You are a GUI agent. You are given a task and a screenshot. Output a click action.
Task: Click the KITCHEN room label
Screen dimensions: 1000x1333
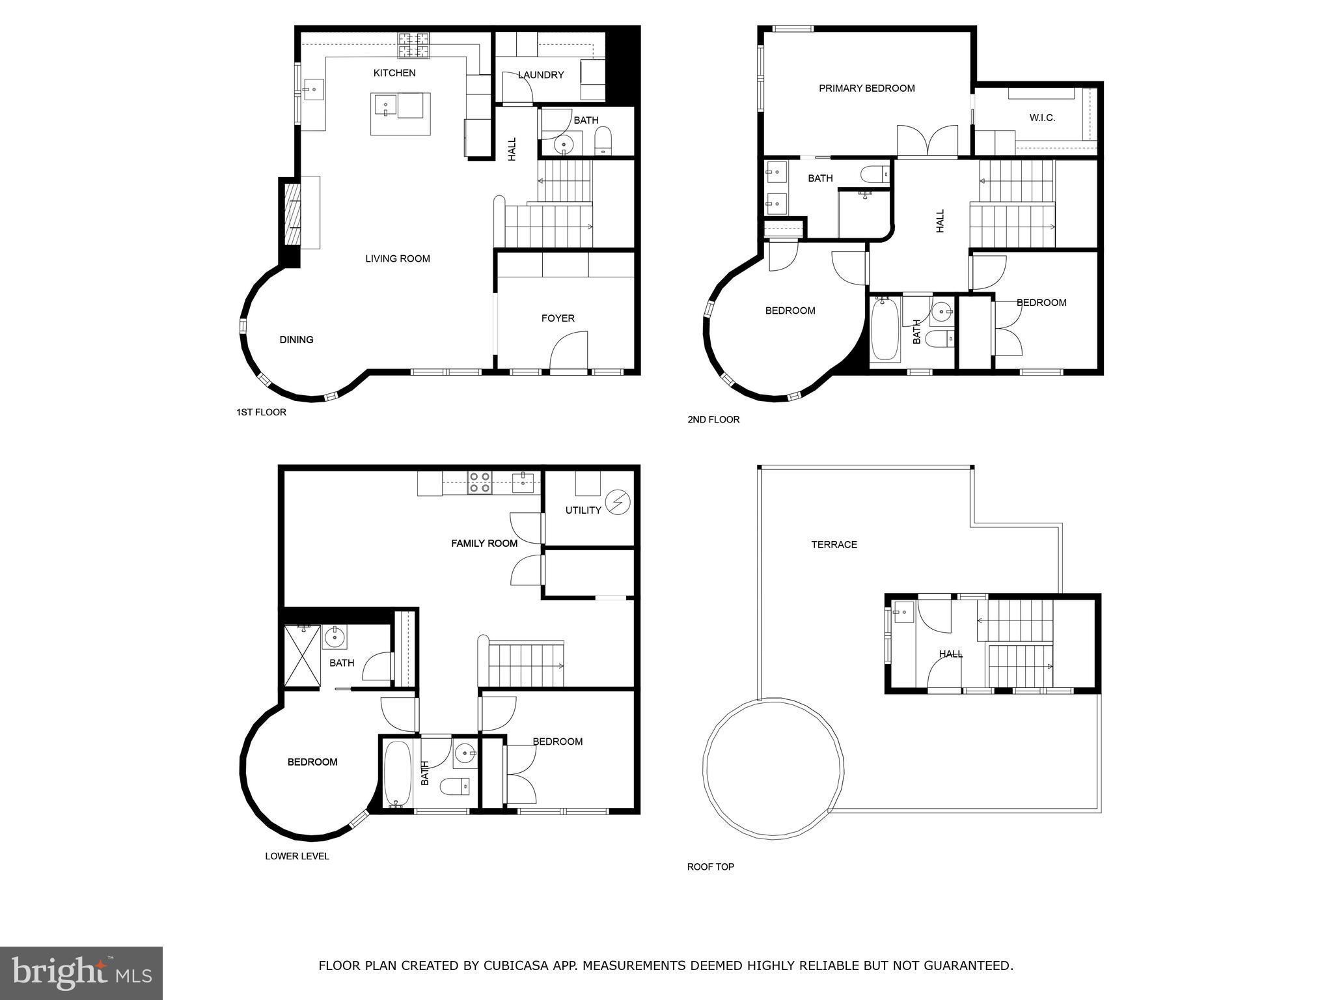tap(394, 73)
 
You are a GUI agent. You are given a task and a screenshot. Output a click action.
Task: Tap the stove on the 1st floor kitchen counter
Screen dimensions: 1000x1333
tap(414, 46)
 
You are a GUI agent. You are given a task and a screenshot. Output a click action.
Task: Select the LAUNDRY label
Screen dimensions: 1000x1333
tap(541, 75)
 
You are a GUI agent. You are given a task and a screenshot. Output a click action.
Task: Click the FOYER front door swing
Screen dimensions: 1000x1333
tap(568, 352)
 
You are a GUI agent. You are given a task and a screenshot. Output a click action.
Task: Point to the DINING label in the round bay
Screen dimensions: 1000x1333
tap(296, 340)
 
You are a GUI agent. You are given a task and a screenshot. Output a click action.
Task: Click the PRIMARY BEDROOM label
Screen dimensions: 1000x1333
tap(866, 89)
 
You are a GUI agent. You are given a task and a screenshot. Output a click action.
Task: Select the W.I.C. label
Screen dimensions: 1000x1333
tap(1042, 118)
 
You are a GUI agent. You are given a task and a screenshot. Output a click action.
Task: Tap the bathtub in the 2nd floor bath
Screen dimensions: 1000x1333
tap(885, 329)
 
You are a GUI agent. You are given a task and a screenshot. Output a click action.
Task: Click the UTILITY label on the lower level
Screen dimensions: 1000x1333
tap(583, 510)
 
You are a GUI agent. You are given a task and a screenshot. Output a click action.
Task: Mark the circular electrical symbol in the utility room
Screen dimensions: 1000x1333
tap(618, 502)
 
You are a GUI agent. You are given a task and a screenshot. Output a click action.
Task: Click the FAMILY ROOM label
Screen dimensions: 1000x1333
tap(484, 544)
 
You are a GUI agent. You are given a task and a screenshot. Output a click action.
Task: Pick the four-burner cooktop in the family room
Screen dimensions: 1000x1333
tap(480, 482)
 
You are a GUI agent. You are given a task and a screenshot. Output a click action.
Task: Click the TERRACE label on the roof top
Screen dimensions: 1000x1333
tap(834, 545)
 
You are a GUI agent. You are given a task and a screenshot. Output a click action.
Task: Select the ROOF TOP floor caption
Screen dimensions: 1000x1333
tap(710, 867)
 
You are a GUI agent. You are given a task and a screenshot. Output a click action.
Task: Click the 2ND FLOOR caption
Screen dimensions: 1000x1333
tap(713, 420)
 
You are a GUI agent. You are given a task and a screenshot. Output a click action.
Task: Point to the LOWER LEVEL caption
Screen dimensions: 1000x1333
tap(297, 857)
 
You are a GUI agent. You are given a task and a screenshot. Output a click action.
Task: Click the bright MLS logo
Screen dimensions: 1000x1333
tap(81, 973)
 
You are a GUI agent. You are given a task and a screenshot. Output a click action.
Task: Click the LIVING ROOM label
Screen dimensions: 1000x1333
tap(397, 259)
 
